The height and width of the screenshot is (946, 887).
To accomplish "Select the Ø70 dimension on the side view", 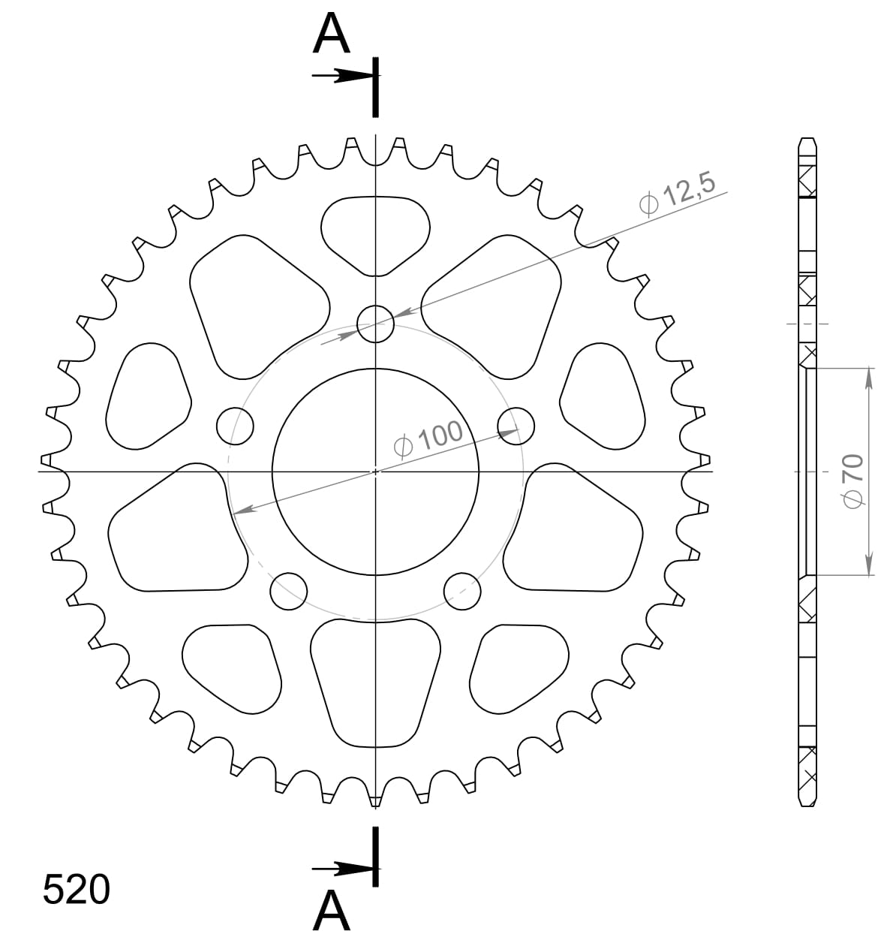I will tap(853, 481).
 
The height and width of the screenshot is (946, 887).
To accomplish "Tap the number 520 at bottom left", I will tap(76, 890).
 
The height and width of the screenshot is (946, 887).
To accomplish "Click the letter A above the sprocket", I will tap(331, 35).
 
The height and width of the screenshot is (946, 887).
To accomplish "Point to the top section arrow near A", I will tap(341, 76).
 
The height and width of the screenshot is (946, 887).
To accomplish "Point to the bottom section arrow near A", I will tap(341, 869).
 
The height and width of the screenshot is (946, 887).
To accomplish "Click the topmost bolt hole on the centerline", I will tap(375, 324).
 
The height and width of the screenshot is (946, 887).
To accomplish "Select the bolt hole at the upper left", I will tap(235, 426).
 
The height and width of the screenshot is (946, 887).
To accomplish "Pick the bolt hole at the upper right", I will tap(516, 426).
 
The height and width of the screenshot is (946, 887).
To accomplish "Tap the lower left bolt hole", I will tap(289, 591).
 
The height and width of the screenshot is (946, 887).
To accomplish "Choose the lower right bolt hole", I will tap(462, 591).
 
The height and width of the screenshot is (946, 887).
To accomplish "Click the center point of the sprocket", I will tap(375, 471).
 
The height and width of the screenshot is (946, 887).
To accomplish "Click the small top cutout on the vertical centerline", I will tap(375, 231).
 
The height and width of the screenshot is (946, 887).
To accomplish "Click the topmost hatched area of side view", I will tap(807, 181).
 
